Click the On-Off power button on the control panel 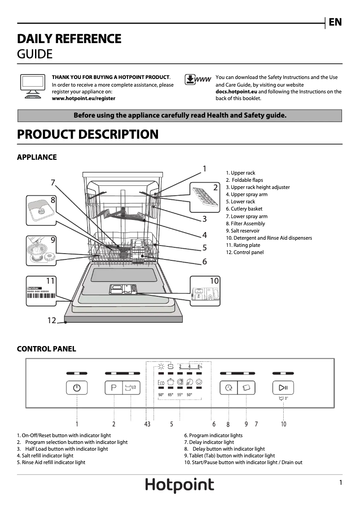click(77, 388)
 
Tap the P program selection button click(114, 388)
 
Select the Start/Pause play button click(283, 387)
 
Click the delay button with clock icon click(228, 388)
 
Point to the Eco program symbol click(161, 383)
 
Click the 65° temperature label click(171, 395)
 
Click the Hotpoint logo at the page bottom click(180, 485)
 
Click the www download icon click(198, 80)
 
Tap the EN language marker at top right click(335, 22)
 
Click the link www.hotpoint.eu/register click(83, 98)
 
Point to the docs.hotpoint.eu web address click(236, 92)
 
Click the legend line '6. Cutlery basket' click(244, 209)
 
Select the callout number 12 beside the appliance click(52, 320)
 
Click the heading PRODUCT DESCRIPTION click(88, 134)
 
